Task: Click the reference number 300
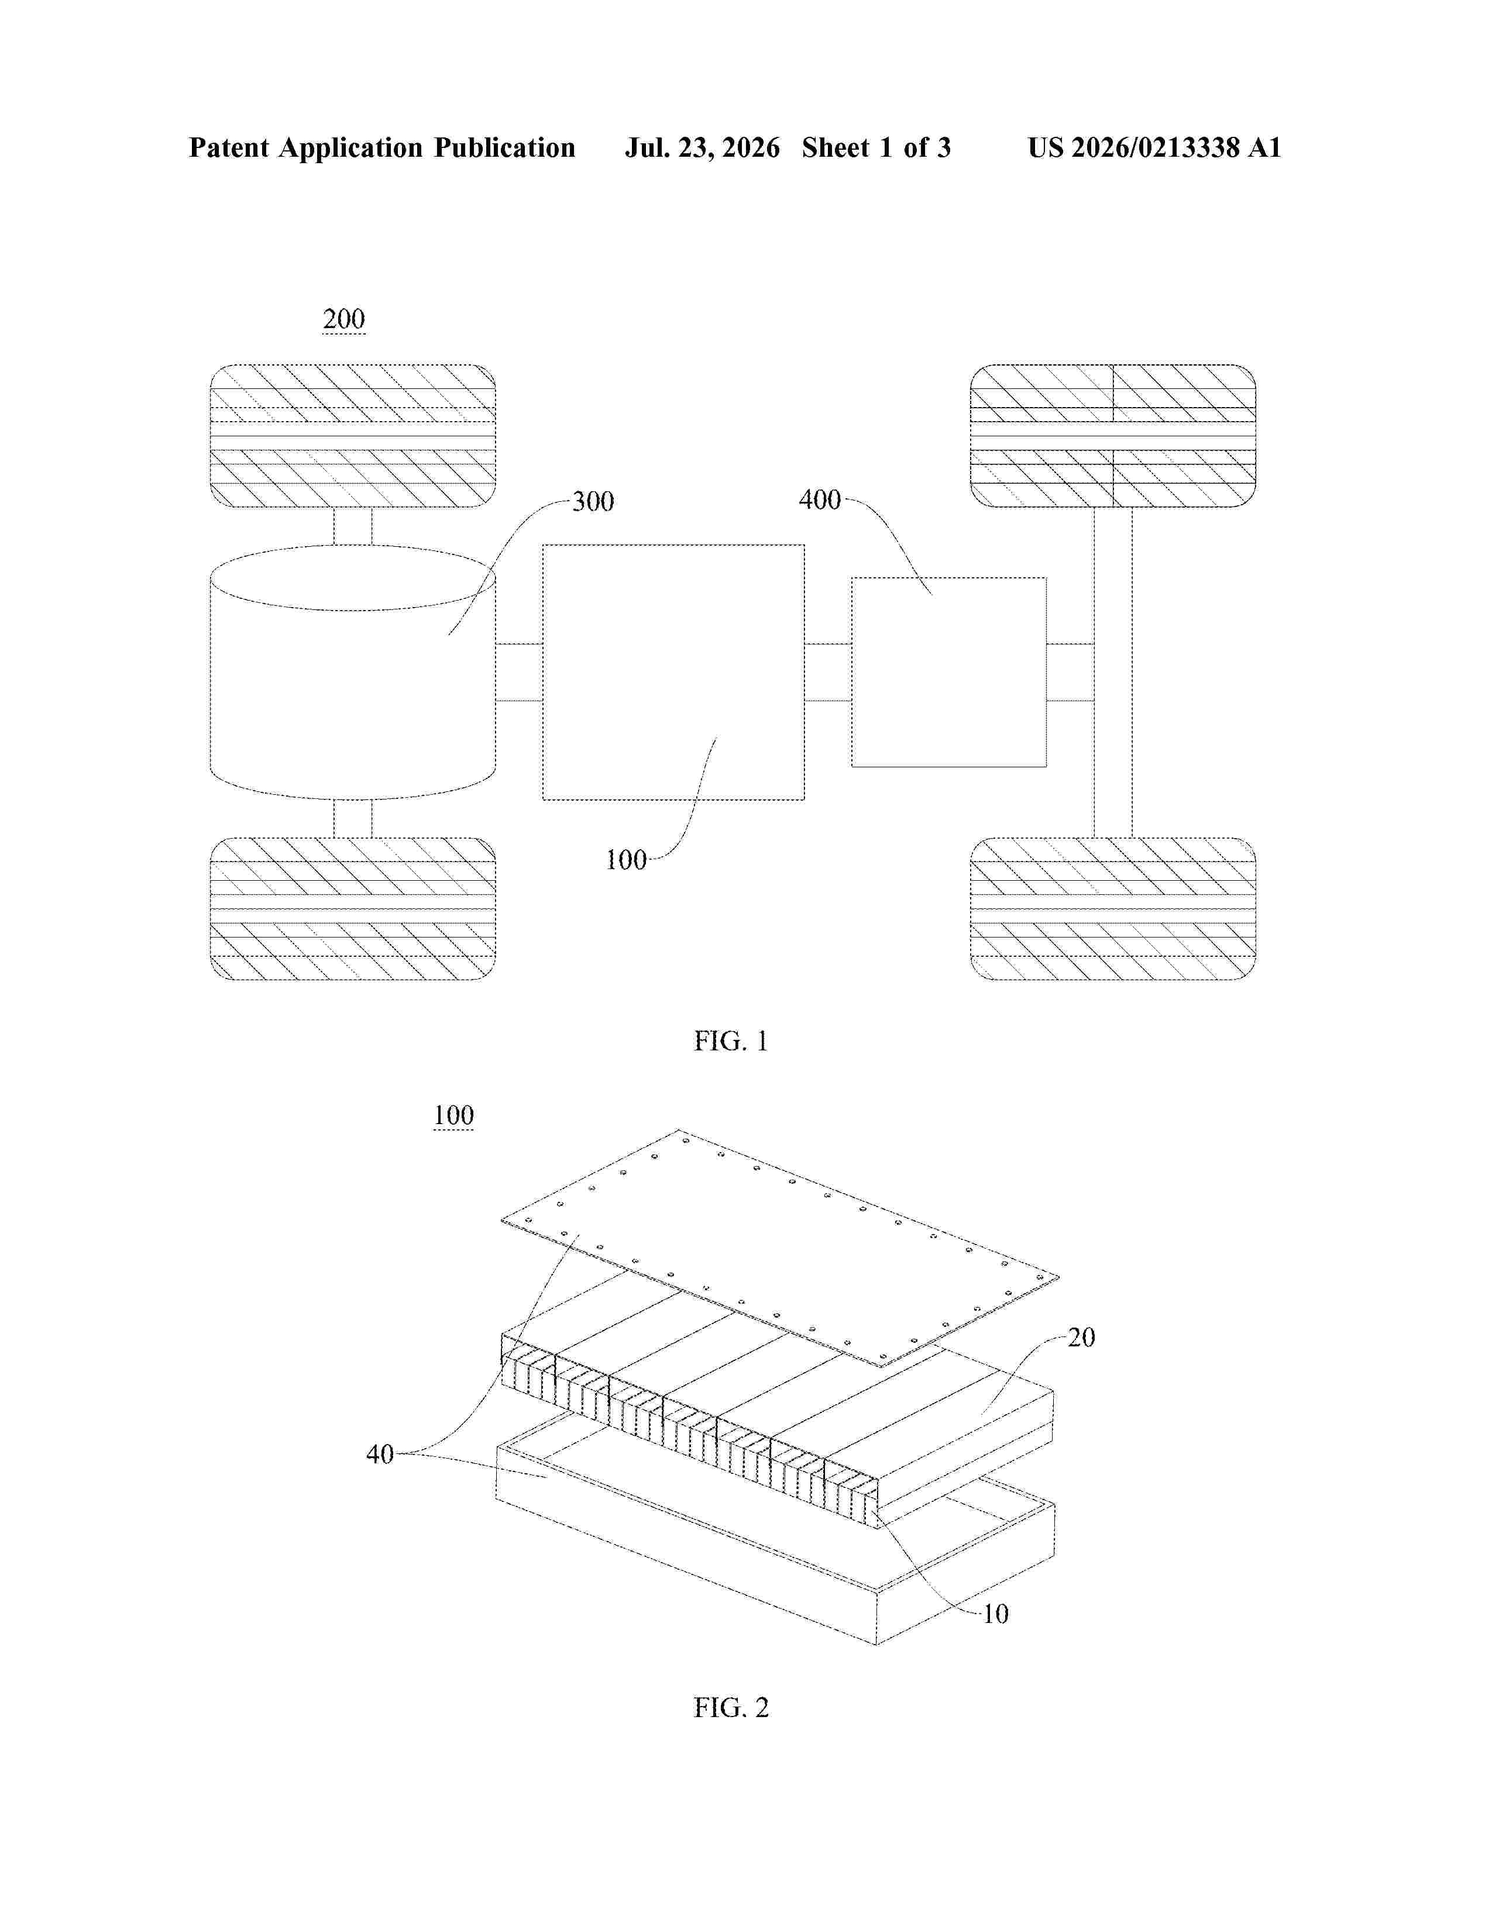[593, 502]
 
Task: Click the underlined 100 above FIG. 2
[453, 1115]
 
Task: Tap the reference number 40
[380, 1454]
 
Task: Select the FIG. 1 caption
[731, 1041]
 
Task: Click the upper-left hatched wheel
[353, 436]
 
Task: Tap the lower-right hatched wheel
[1113, 908]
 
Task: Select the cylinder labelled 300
[353, 673]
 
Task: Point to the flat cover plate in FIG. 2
[779, 1248]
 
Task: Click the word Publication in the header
[504, 147]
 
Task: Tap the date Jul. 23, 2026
[703, 147]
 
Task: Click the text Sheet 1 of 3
[876, 147]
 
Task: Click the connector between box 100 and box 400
[828, 673]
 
